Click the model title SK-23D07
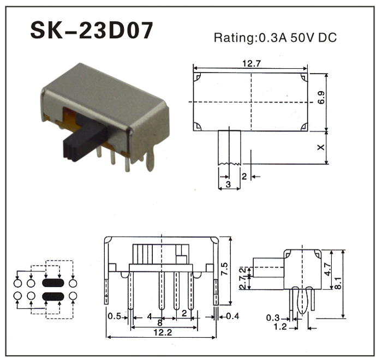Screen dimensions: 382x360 (x=92, y=30)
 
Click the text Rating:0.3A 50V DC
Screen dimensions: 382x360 (x=275, y=38)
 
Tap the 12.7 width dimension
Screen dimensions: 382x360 (x=252, y=64)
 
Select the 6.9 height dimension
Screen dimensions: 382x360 (x=321, y=98)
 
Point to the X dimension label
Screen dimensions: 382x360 (x=321, y=147)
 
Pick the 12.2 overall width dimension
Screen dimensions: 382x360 (x=163, y=332)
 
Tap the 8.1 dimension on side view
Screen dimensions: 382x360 (x=338, y=283)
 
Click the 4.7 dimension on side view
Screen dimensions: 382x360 (x=328, y=269)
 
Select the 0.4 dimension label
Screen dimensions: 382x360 (x=232, y=316)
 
